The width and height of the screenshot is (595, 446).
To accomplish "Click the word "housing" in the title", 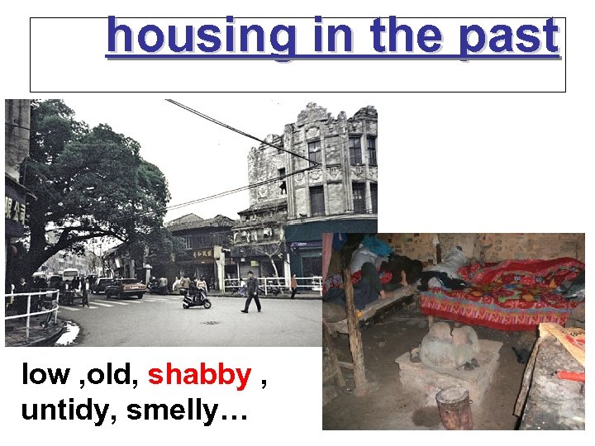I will tap(199, 38).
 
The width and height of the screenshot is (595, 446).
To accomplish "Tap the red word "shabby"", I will tap(199, 376).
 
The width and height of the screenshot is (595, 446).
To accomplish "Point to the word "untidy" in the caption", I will tap(69, 409).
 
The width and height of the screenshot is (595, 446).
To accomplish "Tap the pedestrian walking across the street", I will tap(251, 292).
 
